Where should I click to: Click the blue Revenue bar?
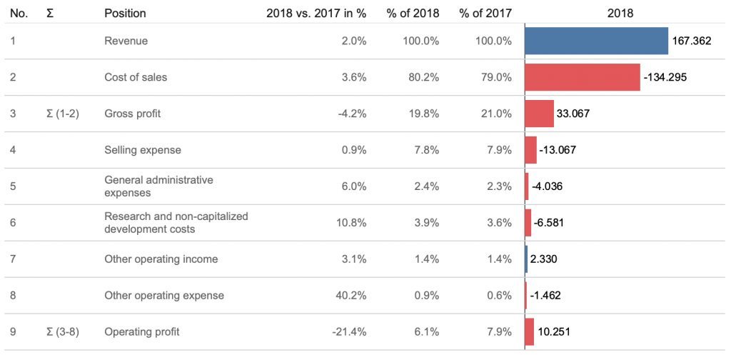coord(596,41)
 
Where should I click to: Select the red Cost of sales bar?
coord(583,77)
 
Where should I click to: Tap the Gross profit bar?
coord(540,114)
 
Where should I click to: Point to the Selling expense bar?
coord(530,150)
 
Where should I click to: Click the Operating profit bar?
coord(529,332)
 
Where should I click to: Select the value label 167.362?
coord(691,41)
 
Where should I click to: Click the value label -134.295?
coord(665,77)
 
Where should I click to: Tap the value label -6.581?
coord(549,223)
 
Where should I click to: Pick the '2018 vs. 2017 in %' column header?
coord(316,14)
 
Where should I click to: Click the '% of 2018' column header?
coord(413,14)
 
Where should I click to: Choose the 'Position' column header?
coord(125,14)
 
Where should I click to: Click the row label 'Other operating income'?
coord(161,259)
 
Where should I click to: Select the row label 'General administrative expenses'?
coord(158,186)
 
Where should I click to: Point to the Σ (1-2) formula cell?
coord(63,114)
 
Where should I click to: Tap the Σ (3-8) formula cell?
coord(63,332)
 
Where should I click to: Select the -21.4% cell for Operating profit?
coord(349,332)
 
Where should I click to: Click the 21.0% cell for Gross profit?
coord(496,114)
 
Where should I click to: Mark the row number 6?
coord(13,223)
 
